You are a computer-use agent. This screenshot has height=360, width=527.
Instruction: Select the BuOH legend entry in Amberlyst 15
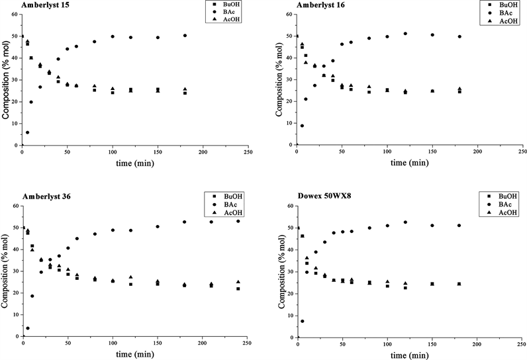pyautogui.click(x=222, y=5)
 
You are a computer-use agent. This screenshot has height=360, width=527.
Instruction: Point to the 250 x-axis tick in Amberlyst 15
pyautogui.click(x=248, y=152)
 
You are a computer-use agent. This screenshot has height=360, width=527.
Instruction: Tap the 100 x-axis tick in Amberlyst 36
pyautogui.click(x=113, y=343)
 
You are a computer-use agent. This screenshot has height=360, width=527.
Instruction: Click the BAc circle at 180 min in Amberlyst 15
pyautogui.click(x=185, y=36)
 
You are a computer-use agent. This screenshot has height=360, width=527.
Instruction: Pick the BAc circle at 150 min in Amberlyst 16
pyautogui.click(x=432, y=35)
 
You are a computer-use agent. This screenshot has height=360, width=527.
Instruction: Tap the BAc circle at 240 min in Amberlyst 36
pyautogui.click(x=238, y=221)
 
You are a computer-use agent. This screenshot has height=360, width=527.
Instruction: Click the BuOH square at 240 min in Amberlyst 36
pyautogui.click(x=238, y=289)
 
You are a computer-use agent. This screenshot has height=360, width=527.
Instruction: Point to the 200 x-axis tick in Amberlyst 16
pyautogui.click(x=477, y=152)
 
